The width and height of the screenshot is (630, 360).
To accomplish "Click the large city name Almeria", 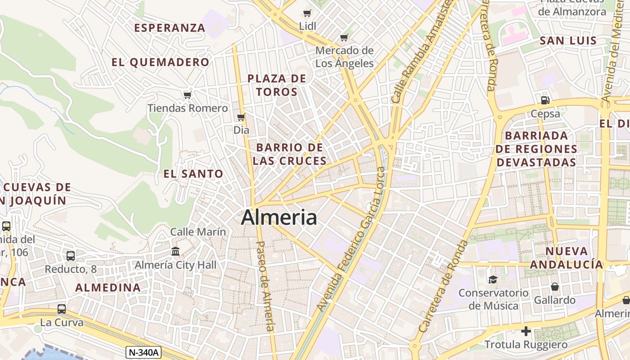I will click(279, 218).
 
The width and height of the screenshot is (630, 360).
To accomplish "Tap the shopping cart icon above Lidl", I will click(307, 13).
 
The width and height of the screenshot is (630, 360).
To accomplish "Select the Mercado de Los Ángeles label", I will click(344, 57).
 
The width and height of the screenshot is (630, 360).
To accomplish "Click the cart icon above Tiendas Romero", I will click(188, 95).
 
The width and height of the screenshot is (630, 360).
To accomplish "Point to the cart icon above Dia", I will click(241, 117).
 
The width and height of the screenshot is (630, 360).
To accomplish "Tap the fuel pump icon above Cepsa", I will click(545, 100).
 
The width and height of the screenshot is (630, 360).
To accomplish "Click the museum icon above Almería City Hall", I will click(175, 251).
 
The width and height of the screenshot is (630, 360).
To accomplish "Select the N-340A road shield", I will click(143, 352).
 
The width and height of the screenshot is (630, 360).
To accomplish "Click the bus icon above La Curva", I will click(62, 309).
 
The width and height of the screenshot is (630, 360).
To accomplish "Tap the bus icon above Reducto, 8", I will click(71, 256).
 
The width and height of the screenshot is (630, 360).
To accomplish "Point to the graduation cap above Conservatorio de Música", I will click(493, 279).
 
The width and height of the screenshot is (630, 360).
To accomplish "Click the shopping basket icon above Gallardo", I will click(555, 287).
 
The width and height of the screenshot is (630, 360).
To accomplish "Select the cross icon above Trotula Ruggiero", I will click(526, 332).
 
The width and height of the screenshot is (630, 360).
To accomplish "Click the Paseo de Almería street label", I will click(265, 286).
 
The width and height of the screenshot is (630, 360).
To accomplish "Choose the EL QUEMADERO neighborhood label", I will click(160, 62).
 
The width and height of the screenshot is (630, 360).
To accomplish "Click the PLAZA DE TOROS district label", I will click(277, 85).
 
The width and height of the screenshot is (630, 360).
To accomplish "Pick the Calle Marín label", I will click(198, 232).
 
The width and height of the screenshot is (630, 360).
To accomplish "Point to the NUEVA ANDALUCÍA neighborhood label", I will click(566, 258).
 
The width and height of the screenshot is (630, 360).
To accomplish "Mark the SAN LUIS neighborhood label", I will click(568, 41).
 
